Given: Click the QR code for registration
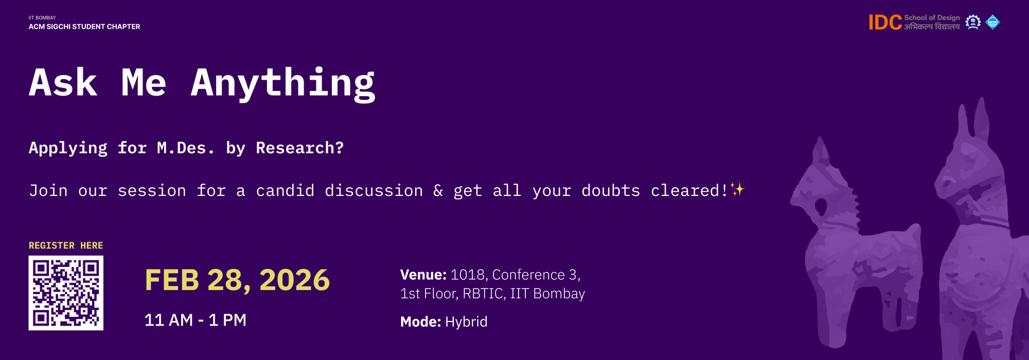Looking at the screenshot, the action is click(66, 293).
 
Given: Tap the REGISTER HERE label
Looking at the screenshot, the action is click(66, 245).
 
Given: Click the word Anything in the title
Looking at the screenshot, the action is click(283, 83).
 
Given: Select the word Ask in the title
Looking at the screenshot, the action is click(63, 82).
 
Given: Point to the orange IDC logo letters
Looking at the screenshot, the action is click(885, 23).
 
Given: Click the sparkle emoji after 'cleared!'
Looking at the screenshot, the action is click(737, 190).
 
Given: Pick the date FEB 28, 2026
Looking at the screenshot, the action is click(237, 280).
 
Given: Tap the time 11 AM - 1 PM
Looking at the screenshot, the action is click(196, 320).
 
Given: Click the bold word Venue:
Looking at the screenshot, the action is click(423, 275).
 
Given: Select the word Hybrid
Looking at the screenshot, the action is click(466, 322).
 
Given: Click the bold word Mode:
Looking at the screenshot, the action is click(420, 322).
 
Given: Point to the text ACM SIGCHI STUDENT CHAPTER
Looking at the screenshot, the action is click(84, 27).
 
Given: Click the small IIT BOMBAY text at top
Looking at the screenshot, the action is click(42, 17).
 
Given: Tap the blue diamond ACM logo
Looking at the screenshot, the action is click(992, 23).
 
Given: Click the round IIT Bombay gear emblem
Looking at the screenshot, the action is click(973, 22).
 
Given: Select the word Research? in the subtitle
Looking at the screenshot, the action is click(300, 148).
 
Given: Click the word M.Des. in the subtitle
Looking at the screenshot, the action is click(185, 148).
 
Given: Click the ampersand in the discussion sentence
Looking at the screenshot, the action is click(438, 191).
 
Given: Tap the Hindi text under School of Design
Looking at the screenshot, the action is click(932, 27).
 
